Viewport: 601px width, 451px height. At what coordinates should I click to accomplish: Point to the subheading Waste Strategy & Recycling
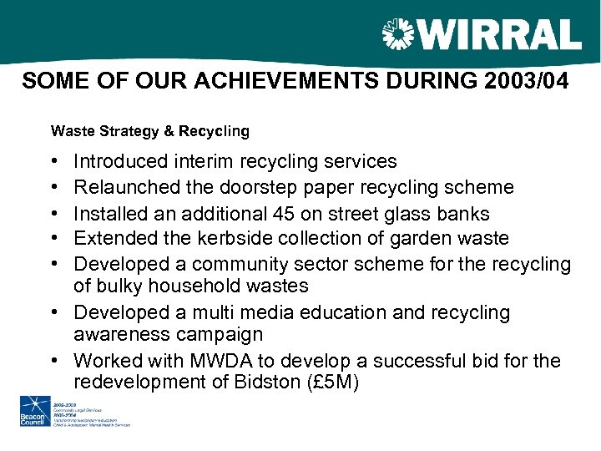click(x=149, y=131)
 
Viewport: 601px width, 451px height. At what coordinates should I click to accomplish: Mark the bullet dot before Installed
click(x=54, y=213)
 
